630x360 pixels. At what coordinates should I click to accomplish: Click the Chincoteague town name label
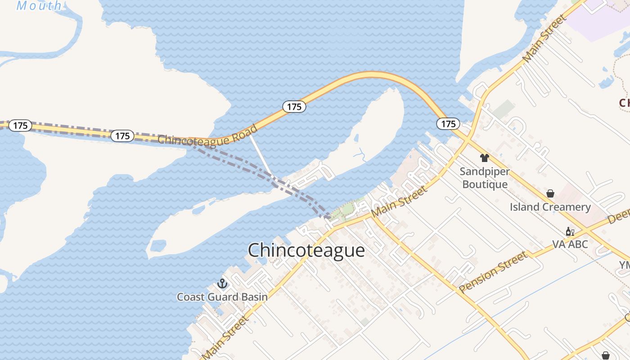[306, 250]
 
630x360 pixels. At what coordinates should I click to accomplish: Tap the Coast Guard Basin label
[222, 297]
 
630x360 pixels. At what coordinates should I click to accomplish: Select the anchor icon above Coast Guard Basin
[222, 283]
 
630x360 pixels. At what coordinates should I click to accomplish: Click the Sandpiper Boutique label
[485, 178]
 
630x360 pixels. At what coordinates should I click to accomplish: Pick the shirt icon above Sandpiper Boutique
[484, 158]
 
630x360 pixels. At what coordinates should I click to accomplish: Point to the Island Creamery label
[550, 207]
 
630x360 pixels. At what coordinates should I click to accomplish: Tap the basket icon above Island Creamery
[550, 193]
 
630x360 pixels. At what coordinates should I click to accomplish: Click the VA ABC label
[570, 244]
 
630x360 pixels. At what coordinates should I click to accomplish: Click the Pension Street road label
[493, 272]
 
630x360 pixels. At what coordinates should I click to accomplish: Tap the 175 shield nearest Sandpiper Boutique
[448, 124]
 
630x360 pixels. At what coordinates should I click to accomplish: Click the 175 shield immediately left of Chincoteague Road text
[122, 135]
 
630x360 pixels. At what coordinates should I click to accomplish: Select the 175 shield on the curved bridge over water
[294, 107]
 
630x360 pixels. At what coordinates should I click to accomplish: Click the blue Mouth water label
[39, 5]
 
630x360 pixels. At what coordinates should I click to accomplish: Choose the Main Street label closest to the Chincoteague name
[400, 202]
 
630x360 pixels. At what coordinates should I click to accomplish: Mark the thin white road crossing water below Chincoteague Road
[261, 155]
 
